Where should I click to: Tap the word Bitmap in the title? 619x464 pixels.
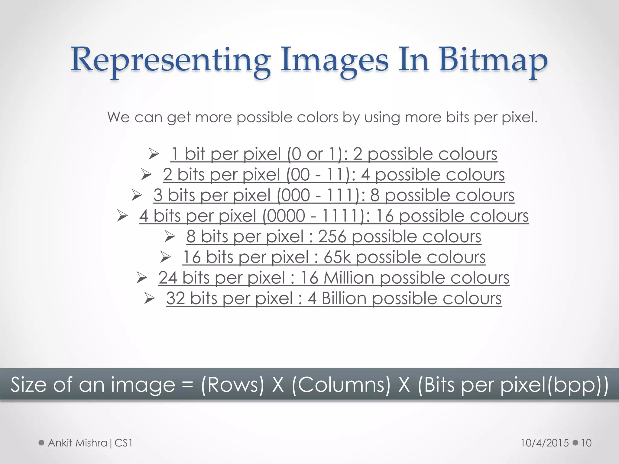(x=493, y=60)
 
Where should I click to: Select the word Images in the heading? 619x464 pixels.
(x=334, y=60)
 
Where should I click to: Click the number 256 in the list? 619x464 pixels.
(x=332, y=236)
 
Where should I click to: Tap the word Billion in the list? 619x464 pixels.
(x=344, y=298)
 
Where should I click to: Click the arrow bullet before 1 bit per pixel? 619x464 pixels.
(x=154, y=154)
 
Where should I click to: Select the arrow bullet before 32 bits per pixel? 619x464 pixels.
(x=149, y=298)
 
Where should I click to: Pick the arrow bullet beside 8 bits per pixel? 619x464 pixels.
(x=170, y=237)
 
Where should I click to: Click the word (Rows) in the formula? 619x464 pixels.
(x=232, y=385)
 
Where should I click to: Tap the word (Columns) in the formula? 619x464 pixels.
(x=341, y=385)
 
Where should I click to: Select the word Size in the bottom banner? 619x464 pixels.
(x=28, y=385)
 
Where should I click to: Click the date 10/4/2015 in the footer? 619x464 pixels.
(x=545, y=443)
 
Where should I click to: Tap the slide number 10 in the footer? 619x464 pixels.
(x=586, y=443)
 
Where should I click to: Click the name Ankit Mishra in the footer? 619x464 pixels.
(x=77, y=443)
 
